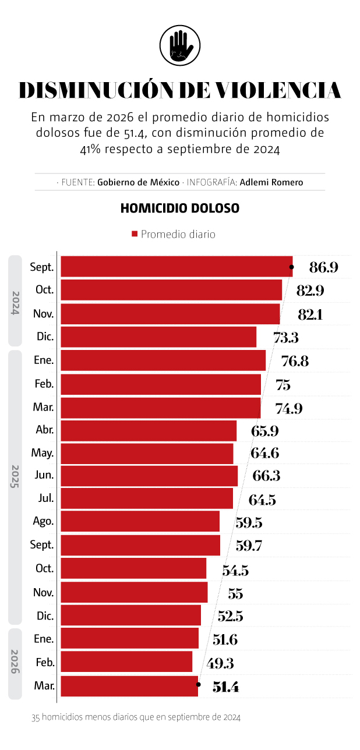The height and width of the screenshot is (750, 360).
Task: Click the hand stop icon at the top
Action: [180, 45]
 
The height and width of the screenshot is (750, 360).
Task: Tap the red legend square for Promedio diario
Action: [135, 234]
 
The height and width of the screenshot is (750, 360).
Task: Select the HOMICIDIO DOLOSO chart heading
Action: [180, 208]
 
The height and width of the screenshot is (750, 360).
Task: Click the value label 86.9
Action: [324, 268]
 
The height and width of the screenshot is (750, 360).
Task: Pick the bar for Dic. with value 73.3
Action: [158, 337]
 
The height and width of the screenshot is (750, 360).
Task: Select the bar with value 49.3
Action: [126, 662]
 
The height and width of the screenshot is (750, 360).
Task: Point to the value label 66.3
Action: [266, 476]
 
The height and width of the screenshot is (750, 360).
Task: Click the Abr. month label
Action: [45, 430]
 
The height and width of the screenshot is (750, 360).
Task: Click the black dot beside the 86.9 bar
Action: [291, 267]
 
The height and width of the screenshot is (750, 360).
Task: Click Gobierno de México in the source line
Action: [139, 182]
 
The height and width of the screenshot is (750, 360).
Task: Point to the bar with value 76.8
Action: [163, 360]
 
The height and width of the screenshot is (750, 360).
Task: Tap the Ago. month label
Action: [44, 522]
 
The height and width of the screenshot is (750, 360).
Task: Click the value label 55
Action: [235, 593]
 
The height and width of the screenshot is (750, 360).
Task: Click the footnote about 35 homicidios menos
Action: [136, 718]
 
